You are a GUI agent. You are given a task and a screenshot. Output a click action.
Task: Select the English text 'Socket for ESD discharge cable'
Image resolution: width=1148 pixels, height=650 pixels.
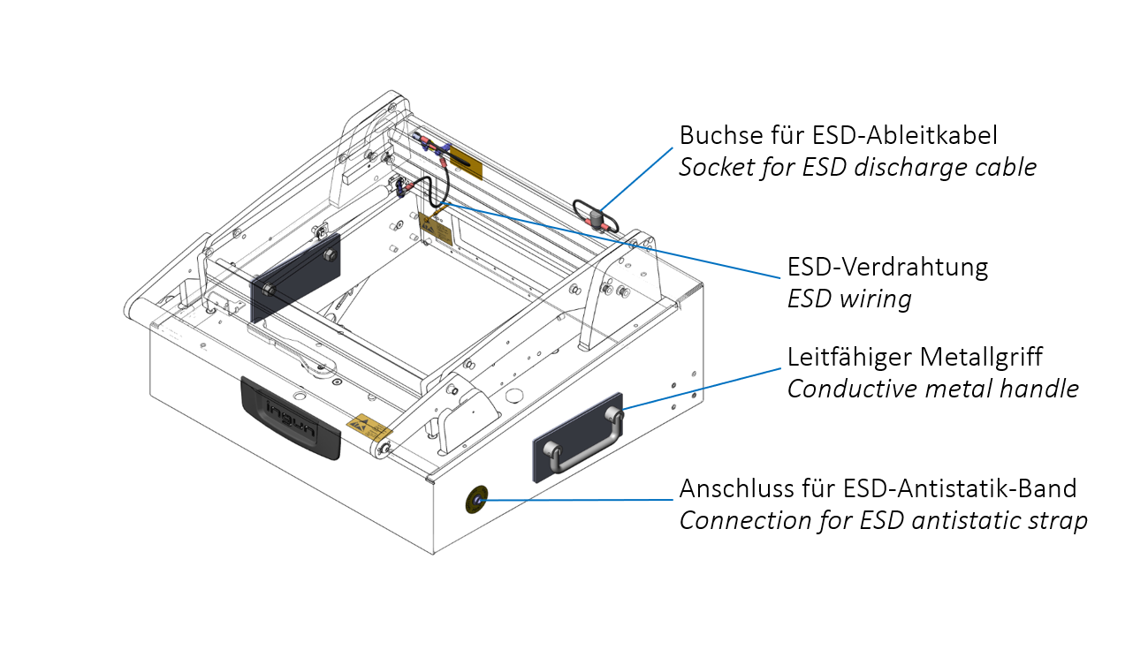[x=857, y=167]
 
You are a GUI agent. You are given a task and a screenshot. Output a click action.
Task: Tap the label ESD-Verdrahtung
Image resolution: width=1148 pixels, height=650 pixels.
[x=887, y=266]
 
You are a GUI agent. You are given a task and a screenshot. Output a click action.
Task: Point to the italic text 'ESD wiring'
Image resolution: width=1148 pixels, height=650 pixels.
[x=848, y=299]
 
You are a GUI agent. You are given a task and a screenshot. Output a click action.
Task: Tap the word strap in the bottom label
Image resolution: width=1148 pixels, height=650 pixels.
[x=1055, y=520]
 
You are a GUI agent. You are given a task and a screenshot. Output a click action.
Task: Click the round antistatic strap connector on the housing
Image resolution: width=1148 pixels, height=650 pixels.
[x=478, y=500]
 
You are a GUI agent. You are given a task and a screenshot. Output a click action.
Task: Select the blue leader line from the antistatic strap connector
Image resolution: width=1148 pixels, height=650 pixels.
[x=574, y=500]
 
